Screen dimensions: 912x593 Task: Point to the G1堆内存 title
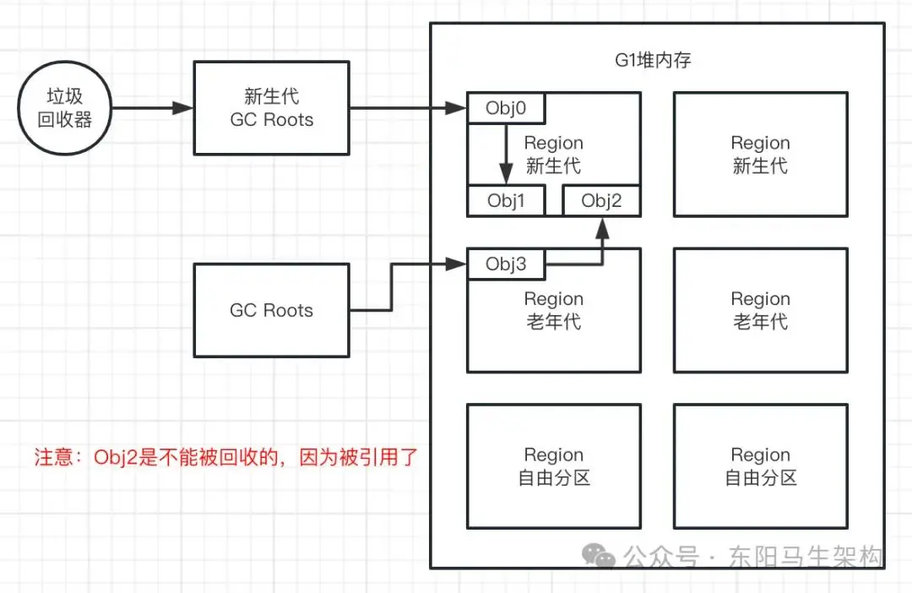tap(653, 60)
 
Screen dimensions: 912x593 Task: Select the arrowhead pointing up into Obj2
tap(603, 229)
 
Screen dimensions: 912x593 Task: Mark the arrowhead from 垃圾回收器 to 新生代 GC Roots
tap(182, 108)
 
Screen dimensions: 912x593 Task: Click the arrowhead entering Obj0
tap(456, 108)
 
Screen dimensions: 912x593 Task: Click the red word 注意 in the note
tap(53, 457)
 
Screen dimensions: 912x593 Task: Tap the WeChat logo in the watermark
tap(599, 556)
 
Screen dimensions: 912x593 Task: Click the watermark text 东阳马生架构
tap(806, 557)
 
